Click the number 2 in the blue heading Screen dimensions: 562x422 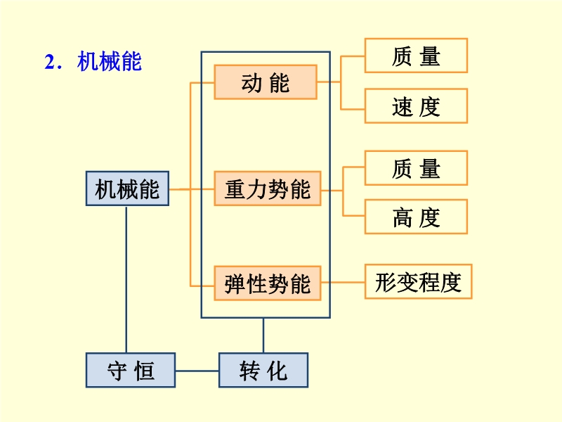coord(49,62)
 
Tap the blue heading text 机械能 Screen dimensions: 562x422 coord(110,61)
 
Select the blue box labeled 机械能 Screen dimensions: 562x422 coord(127,188)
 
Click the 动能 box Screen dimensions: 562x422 coord(266,82)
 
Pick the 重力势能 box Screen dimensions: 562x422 coord(268,188)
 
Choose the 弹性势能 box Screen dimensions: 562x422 coord(268,283)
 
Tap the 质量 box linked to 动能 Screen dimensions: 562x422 coord(416,56)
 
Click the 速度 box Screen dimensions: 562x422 coord(416,106)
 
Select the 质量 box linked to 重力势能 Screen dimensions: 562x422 coord(416,168)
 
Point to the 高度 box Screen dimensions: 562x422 coord(416,217)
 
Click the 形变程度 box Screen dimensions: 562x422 coord(418,282)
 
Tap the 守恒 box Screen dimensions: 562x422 coord(131,370)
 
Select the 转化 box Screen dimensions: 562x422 coord(263,370)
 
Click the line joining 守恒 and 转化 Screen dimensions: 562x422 coord(197,371)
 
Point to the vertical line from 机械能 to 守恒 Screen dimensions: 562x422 coord(126,279)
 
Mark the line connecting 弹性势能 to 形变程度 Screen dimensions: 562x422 coord(343,283)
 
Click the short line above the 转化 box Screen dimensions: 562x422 coord(263,335)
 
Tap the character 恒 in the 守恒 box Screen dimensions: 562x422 coord(144,371)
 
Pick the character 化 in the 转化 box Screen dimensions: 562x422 coord(277,371)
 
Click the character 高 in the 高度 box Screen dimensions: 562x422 coord(403,217)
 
